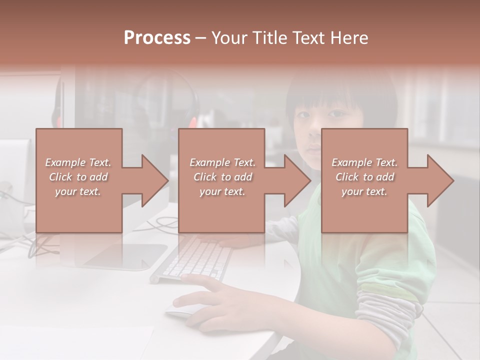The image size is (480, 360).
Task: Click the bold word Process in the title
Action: click(157, 38)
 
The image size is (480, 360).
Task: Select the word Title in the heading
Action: click(270, 38)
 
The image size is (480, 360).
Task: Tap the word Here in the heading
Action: click(349, 38)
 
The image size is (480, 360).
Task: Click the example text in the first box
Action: click(78, 177)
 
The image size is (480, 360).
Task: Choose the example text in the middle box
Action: click(222, 177)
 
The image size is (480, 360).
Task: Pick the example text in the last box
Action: click(364, 177)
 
